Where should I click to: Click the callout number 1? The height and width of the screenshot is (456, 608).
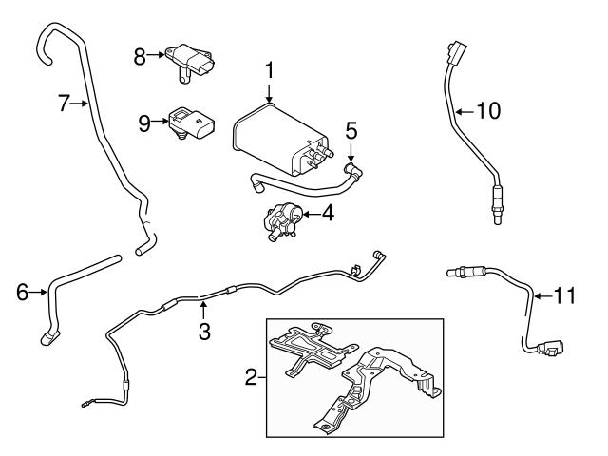coord(269,70)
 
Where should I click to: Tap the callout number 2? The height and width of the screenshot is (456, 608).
coord(252,378)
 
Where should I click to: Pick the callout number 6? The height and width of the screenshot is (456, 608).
coord(21,293)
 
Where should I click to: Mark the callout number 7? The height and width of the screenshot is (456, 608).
coord(64,104)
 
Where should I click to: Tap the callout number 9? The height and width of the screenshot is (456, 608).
coord(145,122)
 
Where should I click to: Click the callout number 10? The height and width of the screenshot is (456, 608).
coord(486,111)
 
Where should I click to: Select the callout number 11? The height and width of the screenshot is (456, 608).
coord(564,296)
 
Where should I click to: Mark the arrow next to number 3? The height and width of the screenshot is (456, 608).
coord(203,310)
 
